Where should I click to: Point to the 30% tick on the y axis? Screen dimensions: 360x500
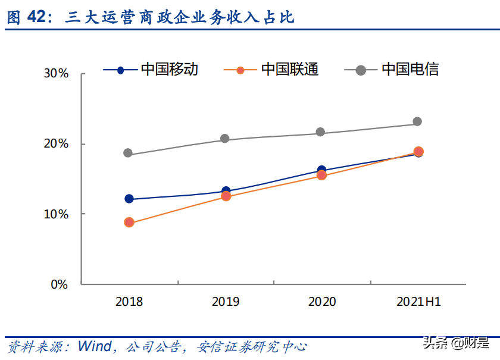(57, 74)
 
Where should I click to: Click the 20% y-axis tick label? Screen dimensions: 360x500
(57, 144)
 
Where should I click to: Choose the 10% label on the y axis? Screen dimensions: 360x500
(57, 214)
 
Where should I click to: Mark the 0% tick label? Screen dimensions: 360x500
(60, 284)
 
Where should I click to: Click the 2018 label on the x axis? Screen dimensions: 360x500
(129, 302)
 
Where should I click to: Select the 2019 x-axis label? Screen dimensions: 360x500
(226, 302)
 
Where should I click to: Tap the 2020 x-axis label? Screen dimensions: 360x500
(322, 302)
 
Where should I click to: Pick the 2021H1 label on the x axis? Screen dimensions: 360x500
(418, 302)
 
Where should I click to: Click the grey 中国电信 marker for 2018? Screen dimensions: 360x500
(128, 153)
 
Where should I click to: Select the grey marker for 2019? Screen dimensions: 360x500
(225, 139)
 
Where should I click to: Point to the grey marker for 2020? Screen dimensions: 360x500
(321, 132)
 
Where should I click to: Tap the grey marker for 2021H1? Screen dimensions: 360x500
(417, 121)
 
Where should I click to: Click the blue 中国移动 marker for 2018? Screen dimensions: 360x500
(129, 199)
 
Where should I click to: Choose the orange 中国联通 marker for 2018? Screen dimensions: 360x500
(129, 223)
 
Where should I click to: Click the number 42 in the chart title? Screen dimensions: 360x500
(36, 17)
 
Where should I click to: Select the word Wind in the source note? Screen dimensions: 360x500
(94, 346)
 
